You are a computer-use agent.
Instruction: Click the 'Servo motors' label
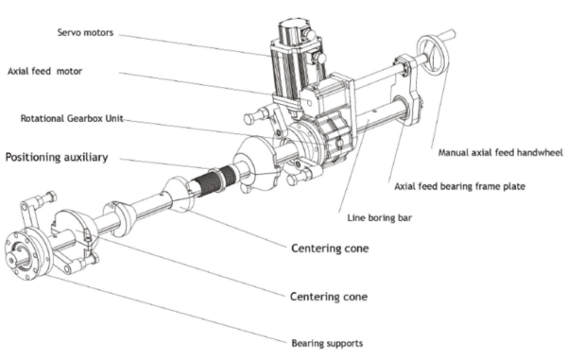point(85,32)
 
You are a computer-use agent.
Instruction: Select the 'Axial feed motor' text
point(44,71)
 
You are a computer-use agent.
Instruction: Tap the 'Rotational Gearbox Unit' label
point(72,118)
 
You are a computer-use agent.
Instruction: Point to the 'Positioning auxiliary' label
point(57,157)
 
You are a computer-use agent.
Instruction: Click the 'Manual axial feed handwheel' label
point(501,153)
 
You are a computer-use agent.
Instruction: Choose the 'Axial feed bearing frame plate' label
point(459,186)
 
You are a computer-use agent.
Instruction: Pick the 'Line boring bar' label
point(379,218)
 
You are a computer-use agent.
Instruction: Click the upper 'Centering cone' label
point(330,249)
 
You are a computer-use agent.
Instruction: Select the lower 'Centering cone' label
point(329,297)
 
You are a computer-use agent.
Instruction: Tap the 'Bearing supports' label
point(327,343)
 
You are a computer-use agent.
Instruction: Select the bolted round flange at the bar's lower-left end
point(26,253)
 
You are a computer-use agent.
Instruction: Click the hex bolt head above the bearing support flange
point(47,197)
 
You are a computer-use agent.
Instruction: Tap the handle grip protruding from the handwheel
point(447,35)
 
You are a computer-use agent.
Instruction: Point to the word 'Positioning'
point(32,157)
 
